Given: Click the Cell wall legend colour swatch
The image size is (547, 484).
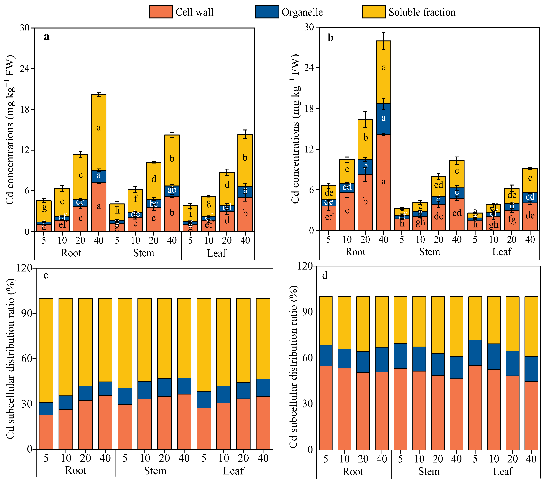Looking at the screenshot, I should pos(161,12).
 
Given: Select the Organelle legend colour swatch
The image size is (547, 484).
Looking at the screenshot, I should pos(267,12).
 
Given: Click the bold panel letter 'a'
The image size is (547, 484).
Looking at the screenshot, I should pos(47,37).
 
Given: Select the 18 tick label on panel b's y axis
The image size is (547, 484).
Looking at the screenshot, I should pos(310,108).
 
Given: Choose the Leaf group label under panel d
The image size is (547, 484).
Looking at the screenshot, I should pos(503,471).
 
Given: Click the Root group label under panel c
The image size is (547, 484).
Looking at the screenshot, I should pos(76,470).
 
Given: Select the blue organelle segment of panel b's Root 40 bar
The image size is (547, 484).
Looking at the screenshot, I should pos(383,119).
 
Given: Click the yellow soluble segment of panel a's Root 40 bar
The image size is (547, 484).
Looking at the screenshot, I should pos(99,132).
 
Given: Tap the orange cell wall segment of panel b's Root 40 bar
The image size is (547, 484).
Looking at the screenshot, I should pos(383,182).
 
